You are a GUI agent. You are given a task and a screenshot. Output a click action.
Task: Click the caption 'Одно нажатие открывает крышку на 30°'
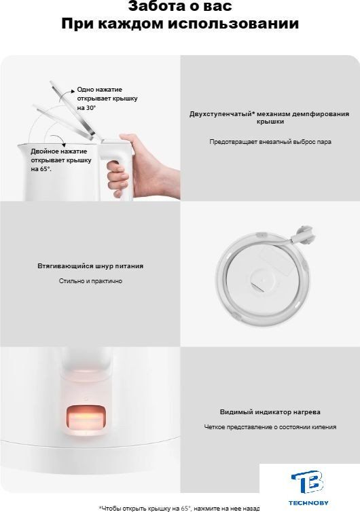107,98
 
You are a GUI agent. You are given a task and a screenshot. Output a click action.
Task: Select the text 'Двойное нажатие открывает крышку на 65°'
61,160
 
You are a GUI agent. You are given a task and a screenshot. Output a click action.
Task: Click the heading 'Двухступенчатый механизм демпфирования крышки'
270,117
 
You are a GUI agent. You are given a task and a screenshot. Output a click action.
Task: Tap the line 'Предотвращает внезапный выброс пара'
270,142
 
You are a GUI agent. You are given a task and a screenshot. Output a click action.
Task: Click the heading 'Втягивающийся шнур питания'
90,266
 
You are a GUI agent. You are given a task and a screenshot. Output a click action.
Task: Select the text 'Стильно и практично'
90,281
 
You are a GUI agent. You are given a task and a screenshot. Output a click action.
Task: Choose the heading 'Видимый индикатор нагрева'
270,412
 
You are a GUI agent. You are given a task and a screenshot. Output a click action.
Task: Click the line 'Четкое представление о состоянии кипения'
270,426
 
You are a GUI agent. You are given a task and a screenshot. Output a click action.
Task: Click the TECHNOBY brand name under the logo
308,503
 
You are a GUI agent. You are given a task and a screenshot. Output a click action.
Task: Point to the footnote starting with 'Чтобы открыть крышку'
179,508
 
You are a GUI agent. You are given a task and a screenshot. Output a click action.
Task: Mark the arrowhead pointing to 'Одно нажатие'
73,91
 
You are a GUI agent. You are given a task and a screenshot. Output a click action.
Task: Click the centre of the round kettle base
262,280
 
